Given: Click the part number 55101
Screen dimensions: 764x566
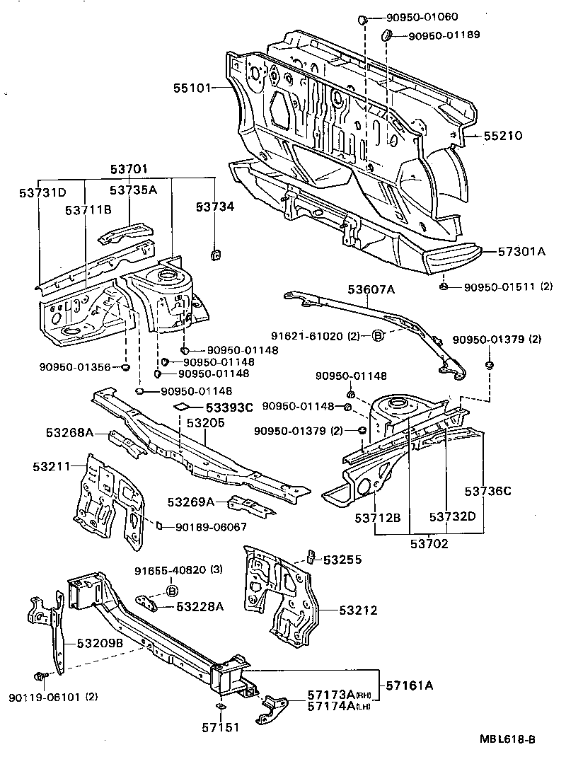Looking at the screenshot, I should point(192,88).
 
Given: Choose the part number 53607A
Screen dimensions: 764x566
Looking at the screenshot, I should point(371,289).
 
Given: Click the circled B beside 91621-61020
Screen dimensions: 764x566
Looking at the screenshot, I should point(378,336).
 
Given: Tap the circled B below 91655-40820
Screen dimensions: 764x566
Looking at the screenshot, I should point(171,591).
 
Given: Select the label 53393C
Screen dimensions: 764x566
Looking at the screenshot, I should point(229,407).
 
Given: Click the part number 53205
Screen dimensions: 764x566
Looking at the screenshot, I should point(206,423).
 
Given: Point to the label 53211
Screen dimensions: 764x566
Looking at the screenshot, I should point(51,467).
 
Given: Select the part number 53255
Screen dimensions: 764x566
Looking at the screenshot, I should point(342,560).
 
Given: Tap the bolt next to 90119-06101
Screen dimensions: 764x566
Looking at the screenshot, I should point(40,677).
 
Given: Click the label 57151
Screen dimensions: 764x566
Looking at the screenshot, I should point(218,727).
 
